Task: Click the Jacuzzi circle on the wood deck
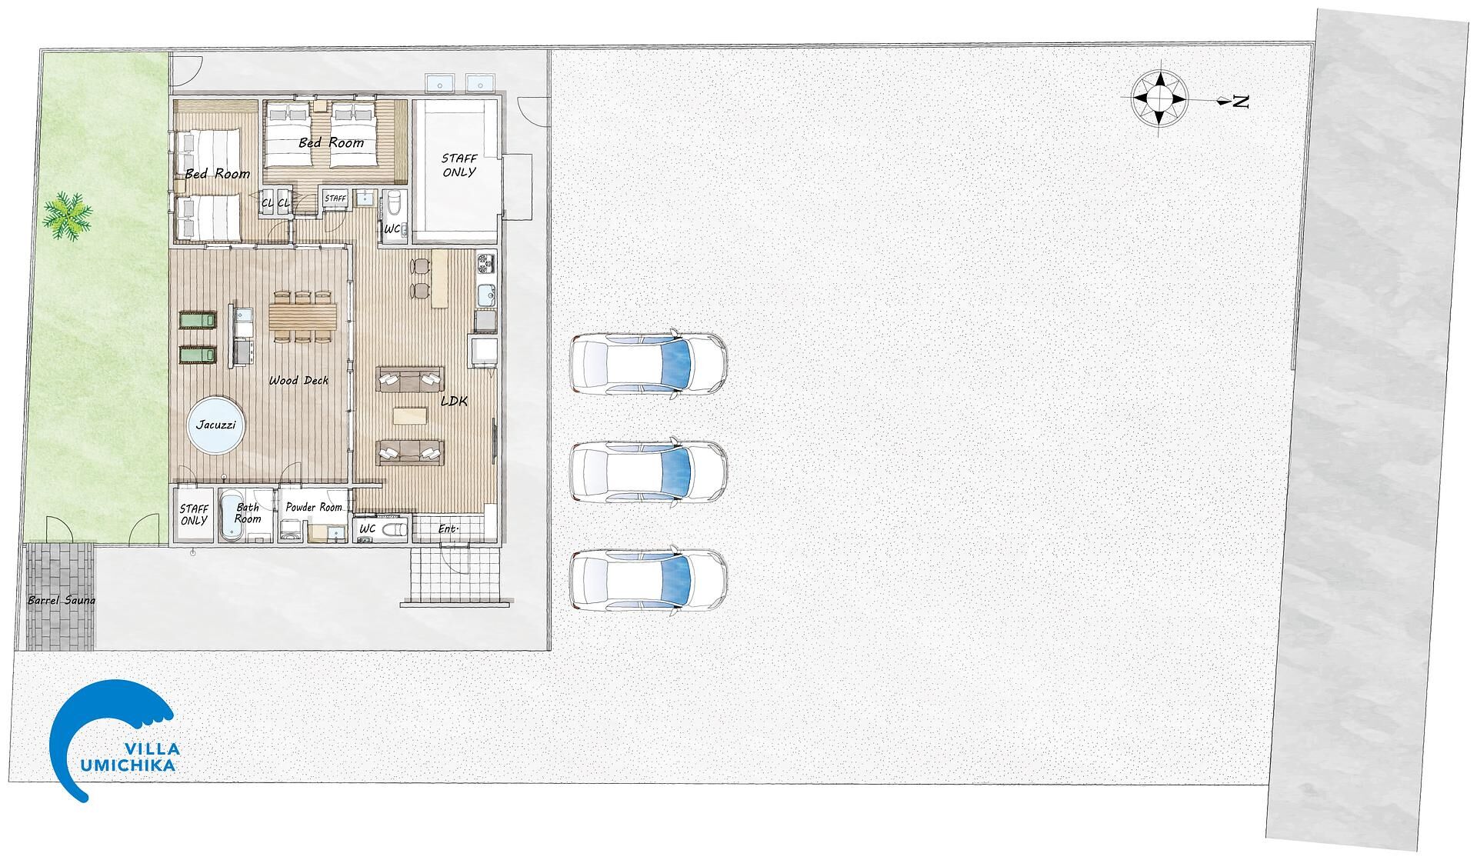(x=216, y=425)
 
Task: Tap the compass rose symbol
(x=1160, y=98)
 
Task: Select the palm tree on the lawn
(x=68, y=216)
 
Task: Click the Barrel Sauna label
(x=62, y=600)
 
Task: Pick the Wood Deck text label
(x=298, y=381)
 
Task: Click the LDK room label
(x=454, y=401)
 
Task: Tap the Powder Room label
(x=313, y=507)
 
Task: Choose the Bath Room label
(x=248, y=513)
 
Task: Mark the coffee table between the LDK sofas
(x=408, y=415)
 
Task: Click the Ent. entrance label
(x=448, y=529)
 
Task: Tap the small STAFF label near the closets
(x=335, y=198)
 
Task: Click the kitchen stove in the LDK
(x=486, y=263)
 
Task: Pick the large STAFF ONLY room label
(x=458, y=165)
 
